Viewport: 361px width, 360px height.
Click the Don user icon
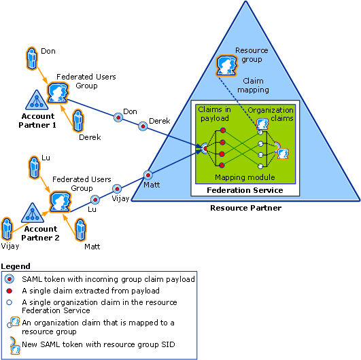(31, 58)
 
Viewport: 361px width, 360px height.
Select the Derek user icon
(78, 120)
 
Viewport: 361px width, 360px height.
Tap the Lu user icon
(34, 168)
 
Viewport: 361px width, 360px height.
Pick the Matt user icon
(81, 230)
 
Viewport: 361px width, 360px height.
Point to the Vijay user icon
(7, 229)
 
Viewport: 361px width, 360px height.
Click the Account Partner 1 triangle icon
(37, 100)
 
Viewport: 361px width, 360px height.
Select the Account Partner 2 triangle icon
(33, 213)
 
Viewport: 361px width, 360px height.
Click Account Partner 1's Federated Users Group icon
(58, 92)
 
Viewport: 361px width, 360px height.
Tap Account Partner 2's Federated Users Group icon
(60, 202)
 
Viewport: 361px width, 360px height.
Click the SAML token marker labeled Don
(118, 118)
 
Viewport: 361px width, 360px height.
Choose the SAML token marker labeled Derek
(143, 126)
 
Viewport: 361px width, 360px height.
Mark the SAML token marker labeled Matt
(148, 175)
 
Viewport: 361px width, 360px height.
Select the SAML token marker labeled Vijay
(117, 189)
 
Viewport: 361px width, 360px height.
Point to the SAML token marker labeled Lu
(95, 200)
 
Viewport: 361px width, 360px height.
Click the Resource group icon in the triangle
(226, 66)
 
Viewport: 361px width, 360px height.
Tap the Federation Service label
(245, 190)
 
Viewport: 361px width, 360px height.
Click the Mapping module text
(245, 177)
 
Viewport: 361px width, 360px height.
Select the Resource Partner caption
(245, 208)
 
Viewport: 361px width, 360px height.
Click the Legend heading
(16, 266)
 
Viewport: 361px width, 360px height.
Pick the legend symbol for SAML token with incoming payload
(10, 279)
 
